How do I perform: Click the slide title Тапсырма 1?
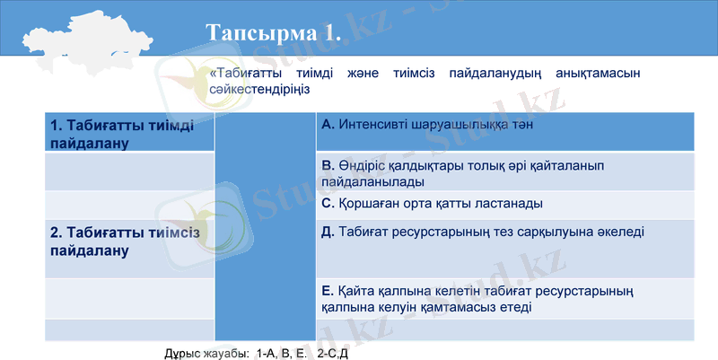(x=274, y=33)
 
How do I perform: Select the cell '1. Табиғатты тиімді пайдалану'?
(x=122, y=134)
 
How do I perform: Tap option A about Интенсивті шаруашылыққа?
(x=427, y=125)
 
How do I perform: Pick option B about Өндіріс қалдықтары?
(x=462, y=173)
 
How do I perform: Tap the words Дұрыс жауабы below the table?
(x=206, y=353)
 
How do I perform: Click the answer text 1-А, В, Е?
(x=281, y=353)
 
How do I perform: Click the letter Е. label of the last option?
(x=327, y=290)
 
